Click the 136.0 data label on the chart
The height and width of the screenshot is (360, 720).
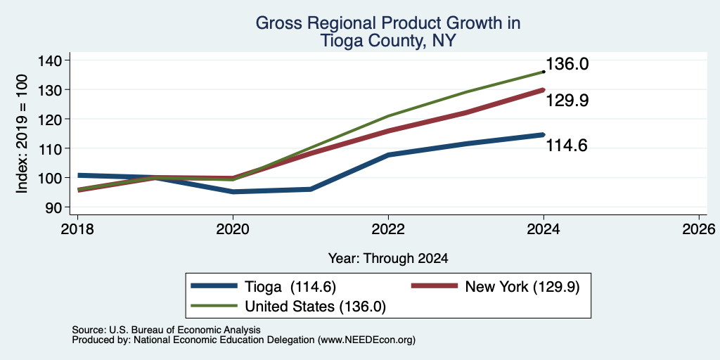click(567, 64)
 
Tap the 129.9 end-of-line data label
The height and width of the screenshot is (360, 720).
click(567, 101)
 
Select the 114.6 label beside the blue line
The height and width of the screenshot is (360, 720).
click(567, 146)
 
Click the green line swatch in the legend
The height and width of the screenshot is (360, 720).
click(214, 307)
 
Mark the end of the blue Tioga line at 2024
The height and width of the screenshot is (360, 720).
click(544, 134)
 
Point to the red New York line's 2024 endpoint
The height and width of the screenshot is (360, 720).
click(544, 90)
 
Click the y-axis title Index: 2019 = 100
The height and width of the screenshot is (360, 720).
click(22, 134)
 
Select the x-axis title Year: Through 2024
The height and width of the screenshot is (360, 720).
click(388, 259)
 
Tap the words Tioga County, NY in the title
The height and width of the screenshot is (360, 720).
click(388, 41)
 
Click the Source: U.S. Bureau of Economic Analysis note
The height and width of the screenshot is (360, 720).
click(166, 330)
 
